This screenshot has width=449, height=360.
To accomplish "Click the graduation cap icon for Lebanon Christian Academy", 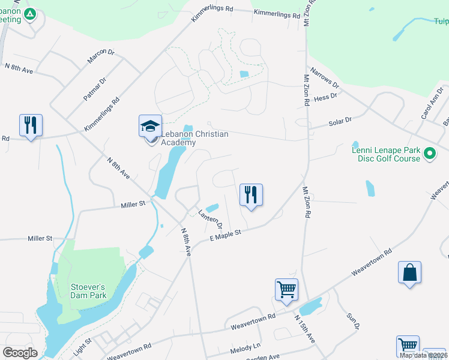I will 150,126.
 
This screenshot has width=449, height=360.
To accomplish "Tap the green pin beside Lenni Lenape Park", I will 429,154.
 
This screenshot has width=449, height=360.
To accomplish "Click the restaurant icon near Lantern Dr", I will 251,195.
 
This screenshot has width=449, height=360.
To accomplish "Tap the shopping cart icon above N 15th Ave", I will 287,290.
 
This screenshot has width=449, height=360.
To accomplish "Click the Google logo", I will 20,353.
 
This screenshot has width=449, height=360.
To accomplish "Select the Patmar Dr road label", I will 95,89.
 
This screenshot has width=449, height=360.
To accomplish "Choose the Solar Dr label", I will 340,122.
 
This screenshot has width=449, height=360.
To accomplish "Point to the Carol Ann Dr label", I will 432,104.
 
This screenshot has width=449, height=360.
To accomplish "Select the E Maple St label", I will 224,235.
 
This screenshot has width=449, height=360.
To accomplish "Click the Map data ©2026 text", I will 423,355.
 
